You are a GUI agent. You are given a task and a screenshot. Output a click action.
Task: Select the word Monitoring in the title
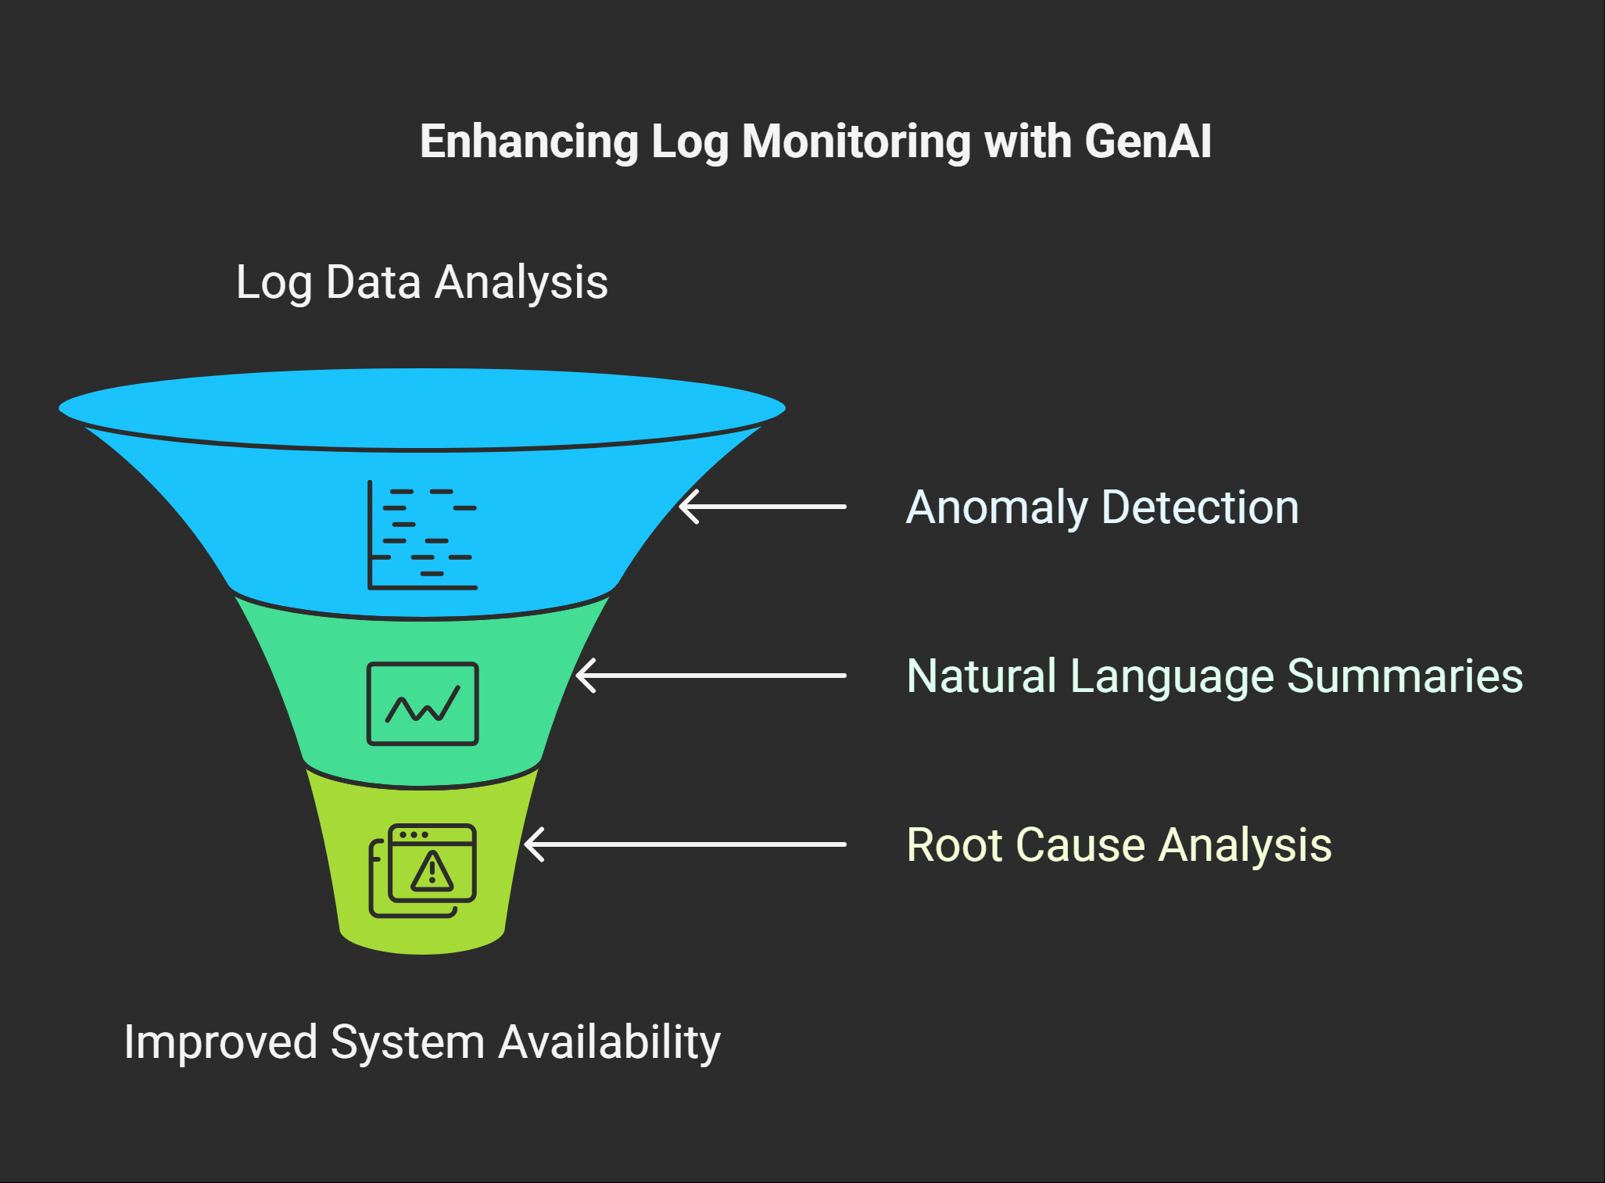pos(857,142)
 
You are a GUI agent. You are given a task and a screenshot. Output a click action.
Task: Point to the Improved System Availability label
pos(421,1042)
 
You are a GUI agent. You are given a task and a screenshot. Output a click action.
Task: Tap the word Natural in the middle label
pos(981,676)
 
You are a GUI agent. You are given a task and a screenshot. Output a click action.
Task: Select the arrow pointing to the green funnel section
pos(711,676)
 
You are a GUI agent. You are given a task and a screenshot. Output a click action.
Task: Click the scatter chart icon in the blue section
pos(422,535)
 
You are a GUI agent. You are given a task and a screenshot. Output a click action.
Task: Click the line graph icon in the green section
pos(422,704)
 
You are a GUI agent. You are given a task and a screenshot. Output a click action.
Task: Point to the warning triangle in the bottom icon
pos(432,872)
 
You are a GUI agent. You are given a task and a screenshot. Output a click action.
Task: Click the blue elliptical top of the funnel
pos(422,407)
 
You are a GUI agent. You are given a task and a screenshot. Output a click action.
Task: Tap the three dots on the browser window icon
pos(414,834)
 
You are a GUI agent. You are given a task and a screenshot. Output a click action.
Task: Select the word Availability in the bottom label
pos(609,1042)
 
